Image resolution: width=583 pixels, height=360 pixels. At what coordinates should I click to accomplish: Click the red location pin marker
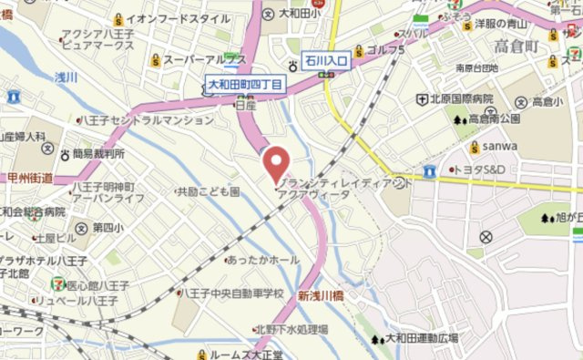(x=275, y=163)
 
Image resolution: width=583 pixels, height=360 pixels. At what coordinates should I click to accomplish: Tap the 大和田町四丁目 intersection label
(x=244, y=85)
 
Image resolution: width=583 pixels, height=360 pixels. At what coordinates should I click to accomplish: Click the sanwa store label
(x=500, y=146)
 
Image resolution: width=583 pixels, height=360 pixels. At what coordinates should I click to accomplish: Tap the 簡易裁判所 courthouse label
(x=98, y=154)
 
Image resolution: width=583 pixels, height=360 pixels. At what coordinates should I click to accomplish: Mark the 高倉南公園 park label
(x=493, y=119)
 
